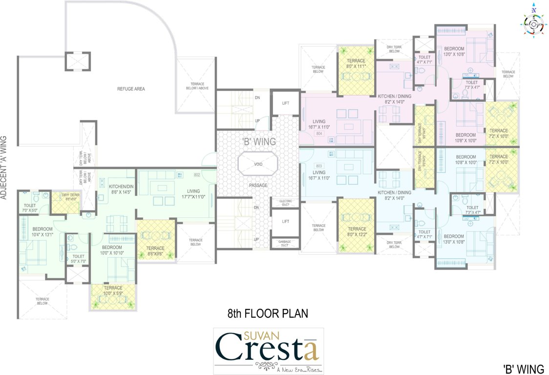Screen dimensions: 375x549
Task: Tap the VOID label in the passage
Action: pos(257,164)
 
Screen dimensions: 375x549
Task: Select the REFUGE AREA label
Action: pos(131,89)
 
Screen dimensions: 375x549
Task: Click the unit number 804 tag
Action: pos(319,133)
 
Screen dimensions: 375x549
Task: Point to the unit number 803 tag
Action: pos(319,166)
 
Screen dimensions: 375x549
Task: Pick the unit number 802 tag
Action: pos(197,174)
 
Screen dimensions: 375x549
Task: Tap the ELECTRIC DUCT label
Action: pos(285,202)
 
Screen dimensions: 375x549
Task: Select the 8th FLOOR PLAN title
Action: pos(268,313)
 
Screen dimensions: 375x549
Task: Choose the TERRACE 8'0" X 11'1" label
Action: pos(356,63)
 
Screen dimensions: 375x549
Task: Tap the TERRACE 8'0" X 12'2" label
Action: pos(357,231)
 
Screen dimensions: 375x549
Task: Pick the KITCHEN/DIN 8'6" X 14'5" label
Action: pos(121,189)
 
